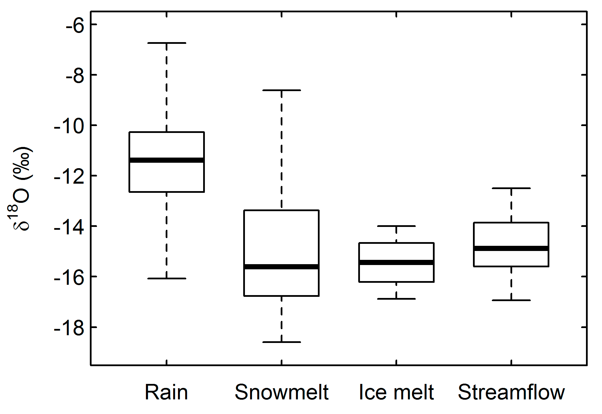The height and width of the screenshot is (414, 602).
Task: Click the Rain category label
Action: [x=166, y=392]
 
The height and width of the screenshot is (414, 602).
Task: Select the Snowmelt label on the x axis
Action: [x=282, y=392]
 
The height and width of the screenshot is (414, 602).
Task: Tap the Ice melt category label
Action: [x=396, y=392]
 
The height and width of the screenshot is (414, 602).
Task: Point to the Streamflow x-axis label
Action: [x=511, y=392]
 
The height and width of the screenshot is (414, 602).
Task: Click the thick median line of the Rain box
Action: [x=167, y=160]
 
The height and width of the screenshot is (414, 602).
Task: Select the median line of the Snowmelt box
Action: [x=282, y=267]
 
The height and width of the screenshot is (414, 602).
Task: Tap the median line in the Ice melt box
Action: [x=396, y=262]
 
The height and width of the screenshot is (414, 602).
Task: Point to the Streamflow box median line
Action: [x=511, y=248]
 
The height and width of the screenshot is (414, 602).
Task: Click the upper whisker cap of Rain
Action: [x=167, y=43]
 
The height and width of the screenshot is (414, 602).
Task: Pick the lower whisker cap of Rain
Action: [x=167, y=278]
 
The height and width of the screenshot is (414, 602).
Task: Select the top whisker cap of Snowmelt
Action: [x=282, y=90]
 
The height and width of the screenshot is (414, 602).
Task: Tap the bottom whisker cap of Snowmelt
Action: [x=282, y=342]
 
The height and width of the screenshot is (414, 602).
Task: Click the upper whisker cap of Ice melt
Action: [x=396, y=226]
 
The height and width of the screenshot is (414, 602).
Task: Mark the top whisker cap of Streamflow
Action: [x=511, y=188]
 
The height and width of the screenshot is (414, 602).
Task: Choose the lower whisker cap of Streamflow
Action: [x=511, y=300]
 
